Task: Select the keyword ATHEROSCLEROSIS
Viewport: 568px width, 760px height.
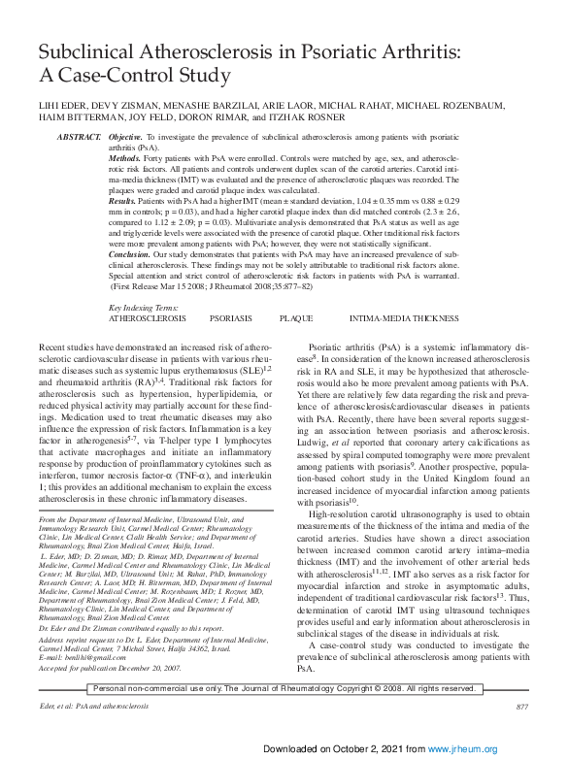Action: click(146, 317)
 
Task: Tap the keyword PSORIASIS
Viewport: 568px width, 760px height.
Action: click(231, 317)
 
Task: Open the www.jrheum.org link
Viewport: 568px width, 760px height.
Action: click(472, 749)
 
